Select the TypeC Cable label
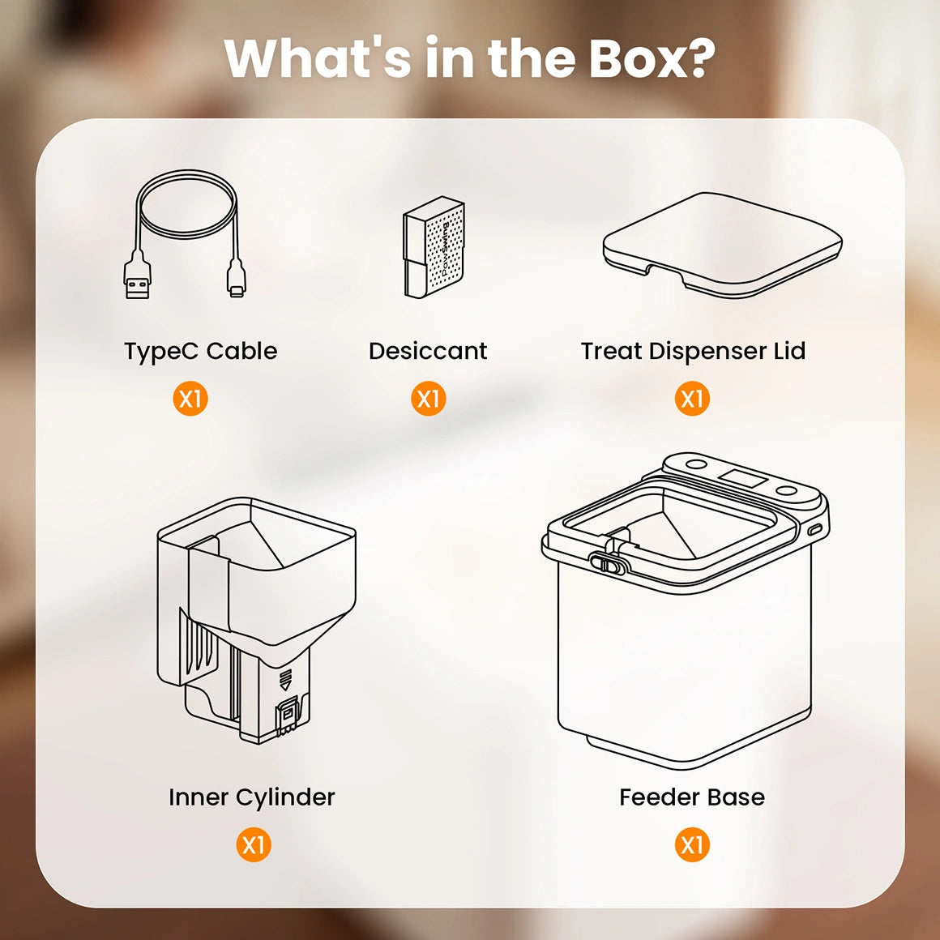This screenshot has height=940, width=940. point(200,351)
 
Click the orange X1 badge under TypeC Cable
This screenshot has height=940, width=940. point(190,399)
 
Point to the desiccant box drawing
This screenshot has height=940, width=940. point(434,247)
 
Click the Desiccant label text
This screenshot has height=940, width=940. point(427,351)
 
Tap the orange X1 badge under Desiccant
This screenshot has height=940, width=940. point(428,399)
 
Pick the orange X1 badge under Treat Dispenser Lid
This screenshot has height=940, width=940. point(692,399)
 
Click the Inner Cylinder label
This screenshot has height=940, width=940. point(251,797)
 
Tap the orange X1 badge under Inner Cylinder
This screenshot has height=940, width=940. point(253,845)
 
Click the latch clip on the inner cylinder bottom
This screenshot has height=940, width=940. point(288,716)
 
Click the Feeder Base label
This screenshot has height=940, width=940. point(691,797)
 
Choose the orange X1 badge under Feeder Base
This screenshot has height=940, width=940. point(692,845)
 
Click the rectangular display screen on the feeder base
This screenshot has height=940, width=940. point(744,478)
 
